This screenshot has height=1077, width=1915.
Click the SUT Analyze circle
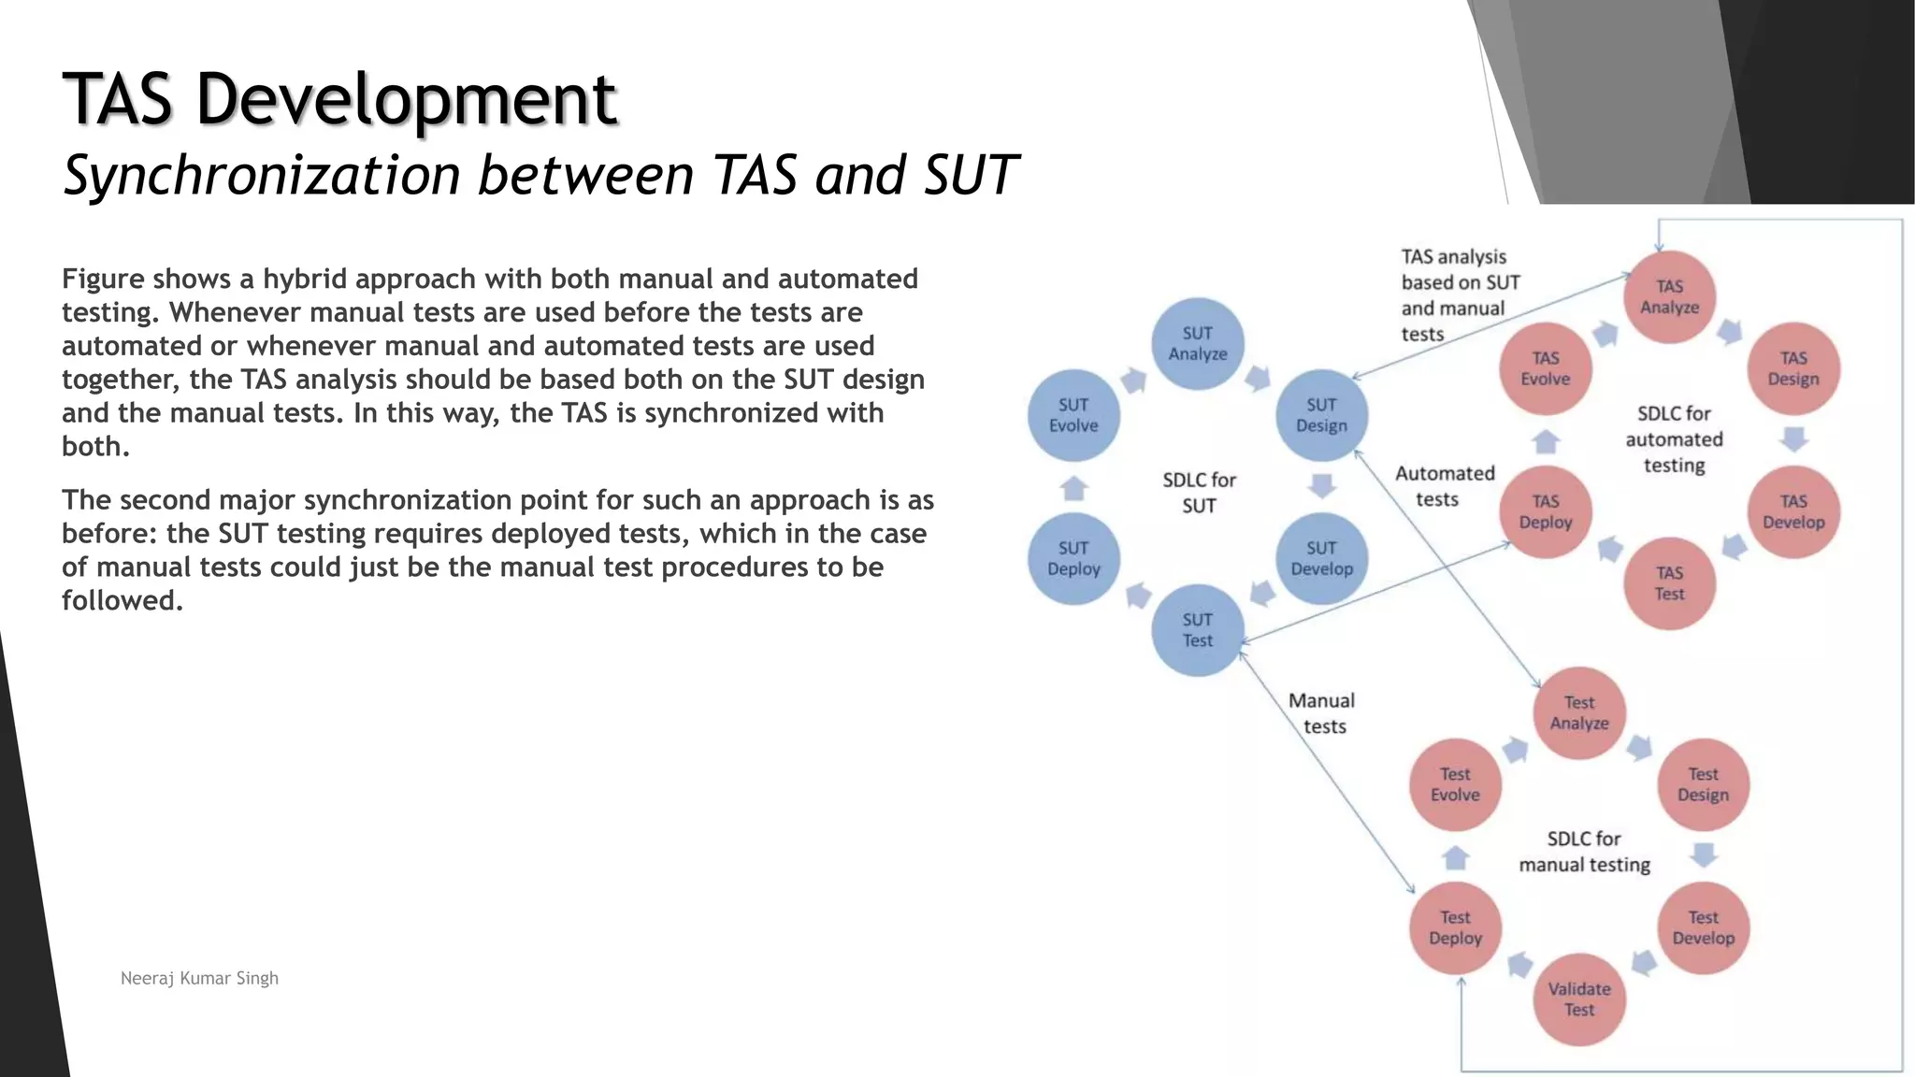coord(1197,344)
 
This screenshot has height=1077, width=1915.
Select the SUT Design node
coord(1321,415)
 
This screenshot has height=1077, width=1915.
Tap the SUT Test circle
coord(1197,630)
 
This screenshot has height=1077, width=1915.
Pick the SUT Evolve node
coord(1073,415)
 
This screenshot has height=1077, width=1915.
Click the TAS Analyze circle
coord(1669,297)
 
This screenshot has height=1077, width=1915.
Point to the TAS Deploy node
coord(1545,512)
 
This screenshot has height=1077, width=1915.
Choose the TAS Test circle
coord(1669,583)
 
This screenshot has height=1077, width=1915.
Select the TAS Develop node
coord(1793,512)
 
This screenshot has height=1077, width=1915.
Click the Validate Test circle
coord(1578,999)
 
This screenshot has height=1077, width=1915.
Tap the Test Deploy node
coord(1455,927)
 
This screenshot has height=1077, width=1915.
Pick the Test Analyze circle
coord(1578,712)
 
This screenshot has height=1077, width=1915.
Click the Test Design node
coord(1703,784)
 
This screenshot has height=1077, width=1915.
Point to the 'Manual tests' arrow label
coord(1322,713)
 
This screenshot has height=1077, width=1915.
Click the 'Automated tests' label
coord(1444,486)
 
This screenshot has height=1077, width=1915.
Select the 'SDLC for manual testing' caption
coord(1584,852)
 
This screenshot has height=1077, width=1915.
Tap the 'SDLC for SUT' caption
coord(1199,493)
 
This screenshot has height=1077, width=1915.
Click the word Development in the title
coord(406,99)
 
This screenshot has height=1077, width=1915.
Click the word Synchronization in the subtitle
coord(262,175)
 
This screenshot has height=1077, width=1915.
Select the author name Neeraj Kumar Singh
coord(199,978)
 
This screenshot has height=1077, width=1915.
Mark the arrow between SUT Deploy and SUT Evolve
coord(1073,488)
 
